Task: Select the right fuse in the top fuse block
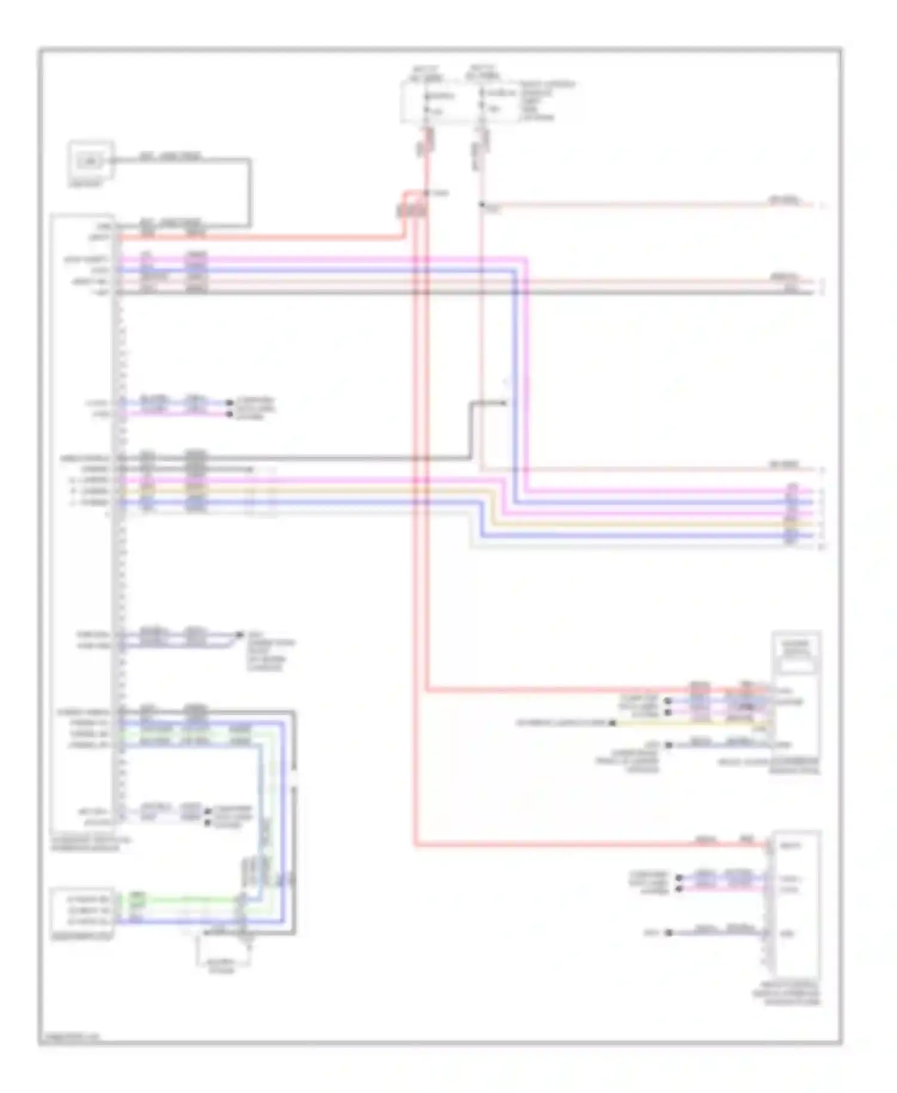482,102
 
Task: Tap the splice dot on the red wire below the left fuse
426,193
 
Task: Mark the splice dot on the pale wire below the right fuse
481,205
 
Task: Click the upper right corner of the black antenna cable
249,160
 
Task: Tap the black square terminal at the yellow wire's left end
612,723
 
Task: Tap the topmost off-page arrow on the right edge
822,206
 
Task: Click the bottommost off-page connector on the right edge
822,546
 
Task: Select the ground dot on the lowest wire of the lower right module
669,932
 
